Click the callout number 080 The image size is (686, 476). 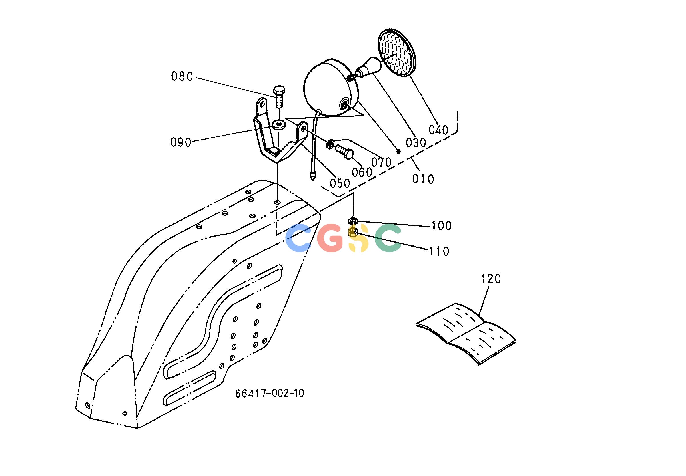pos(182,77)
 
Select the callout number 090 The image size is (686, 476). pos(181,142)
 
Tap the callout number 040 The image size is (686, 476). pos(438,130)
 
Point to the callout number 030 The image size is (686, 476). pos(416,143)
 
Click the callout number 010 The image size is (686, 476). pos(423,179)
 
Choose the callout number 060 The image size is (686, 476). pos(362,172)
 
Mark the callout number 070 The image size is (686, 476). pos(381,162)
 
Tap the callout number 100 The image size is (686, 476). pos(442,226)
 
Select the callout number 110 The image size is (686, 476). pos(439,252)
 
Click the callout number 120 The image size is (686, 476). pos(491,279)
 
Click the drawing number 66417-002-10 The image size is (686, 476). pos(270,393)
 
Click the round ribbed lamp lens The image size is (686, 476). pos(397,53)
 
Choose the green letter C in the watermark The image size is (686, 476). pos(388,237)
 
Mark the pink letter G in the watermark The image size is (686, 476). pos(330,237)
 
